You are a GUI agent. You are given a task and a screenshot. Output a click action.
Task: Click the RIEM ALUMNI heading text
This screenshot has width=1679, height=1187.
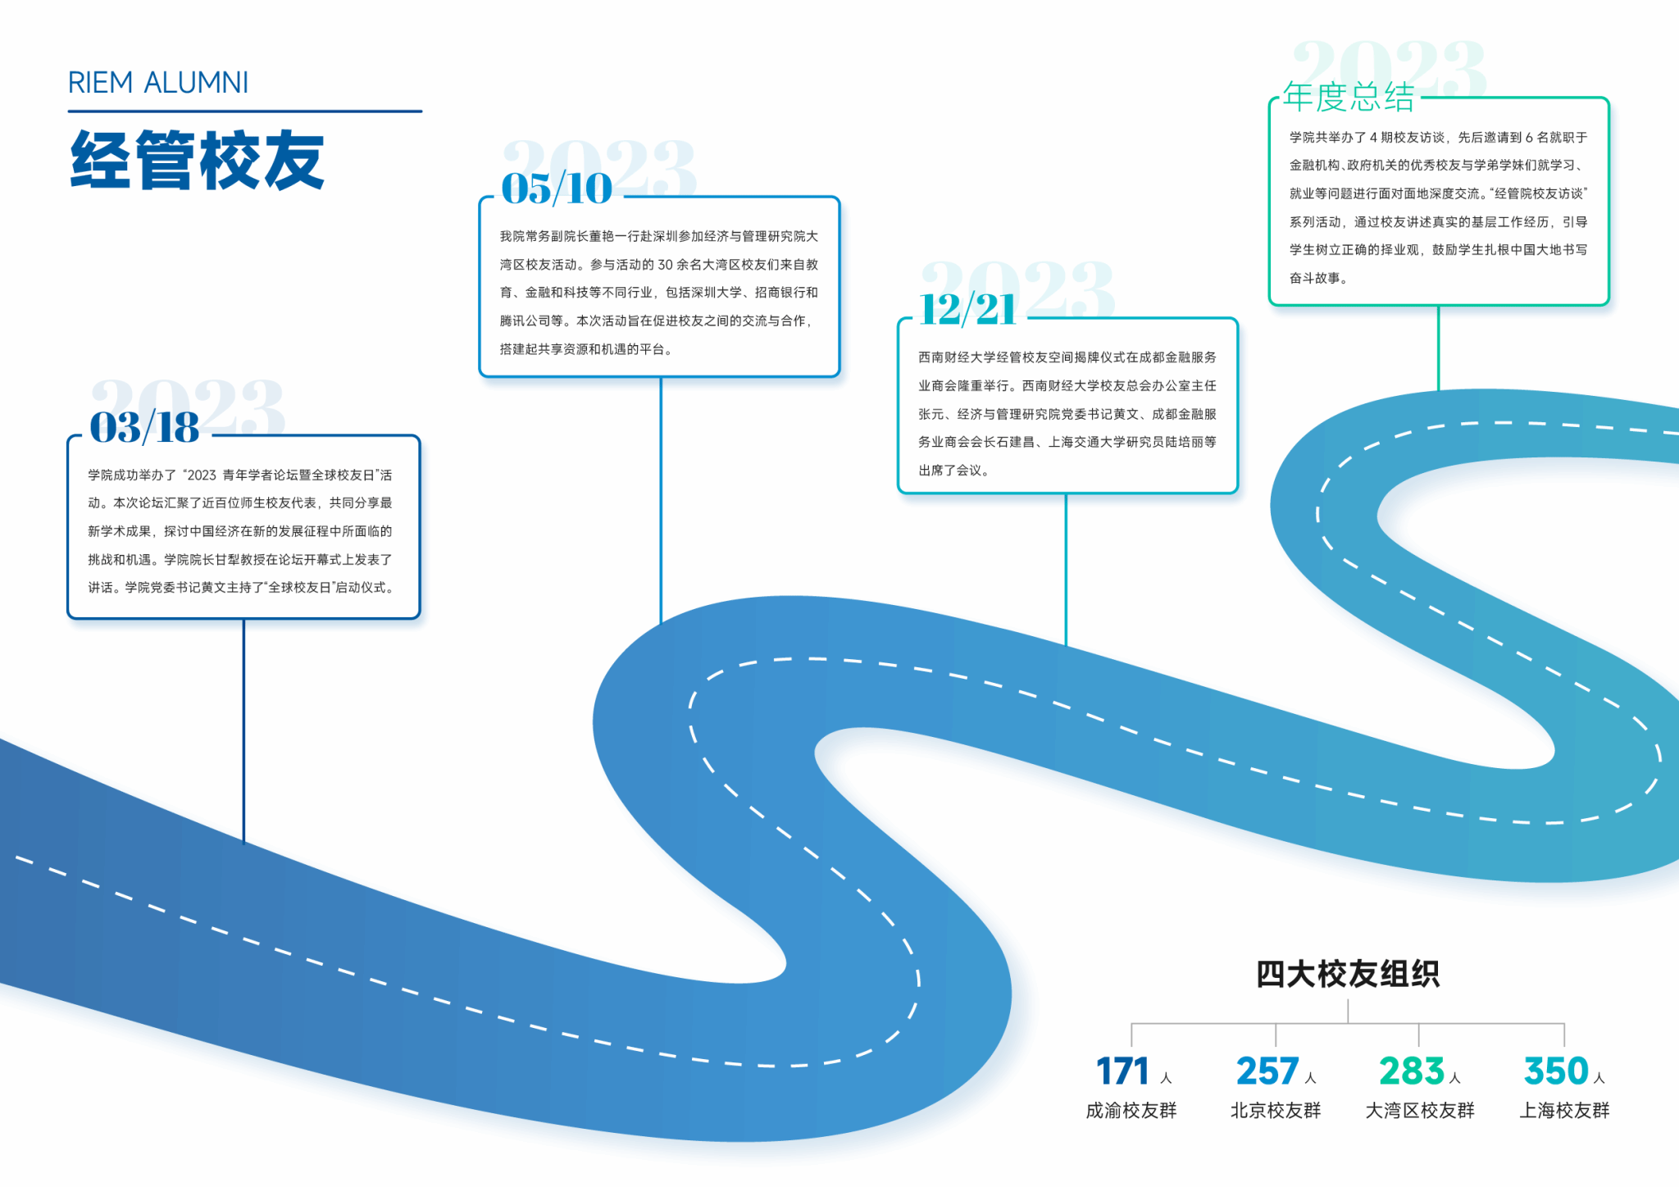(157, 83)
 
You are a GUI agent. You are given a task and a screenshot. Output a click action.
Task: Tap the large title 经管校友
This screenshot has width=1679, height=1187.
(198, 160)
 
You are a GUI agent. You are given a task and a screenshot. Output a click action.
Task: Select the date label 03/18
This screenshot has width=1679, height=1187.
(144, 428)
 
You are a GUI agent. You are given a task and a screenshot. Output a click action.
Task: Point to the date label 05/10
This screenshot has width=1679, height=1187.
(557, 189)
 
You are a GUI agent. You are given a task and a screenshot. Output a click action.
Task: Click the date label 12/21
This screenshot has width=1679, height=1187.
(967, 310)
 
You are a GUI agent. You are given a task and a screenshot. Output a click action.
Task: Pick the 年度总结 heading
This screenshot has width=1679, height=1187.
(1349, 98)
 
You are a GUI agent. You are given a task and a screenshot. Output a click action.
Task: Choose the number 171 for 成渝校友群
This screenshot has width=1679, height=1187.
(1122, 1071)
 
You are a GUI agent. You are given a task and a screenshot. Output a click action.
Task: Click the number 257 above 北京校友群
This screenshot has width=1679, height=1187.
(1267, 1071)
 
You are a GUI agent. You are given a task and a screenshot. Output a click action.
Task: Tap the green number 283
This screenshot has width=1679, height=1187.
(1411, 1071)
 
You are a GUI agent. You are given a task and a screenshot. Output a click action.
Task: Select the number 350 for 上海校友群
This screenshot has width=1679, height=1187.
(1556, 1071)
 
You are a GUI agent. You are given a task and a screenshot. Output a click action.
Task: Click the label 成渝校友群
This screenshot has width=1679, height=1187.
(1131, 1111)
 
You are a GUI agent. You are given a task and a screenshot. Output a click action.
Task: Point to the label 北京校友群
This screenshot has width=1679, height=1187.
(1276, 1111)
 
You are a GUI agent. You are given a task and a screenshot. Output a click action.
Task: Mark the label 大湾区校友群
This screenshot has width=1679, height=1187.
(1420, 1111)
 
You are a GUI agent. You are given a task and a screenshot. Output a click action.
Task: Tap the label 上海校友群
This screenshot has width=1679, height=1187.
(1565, 1111)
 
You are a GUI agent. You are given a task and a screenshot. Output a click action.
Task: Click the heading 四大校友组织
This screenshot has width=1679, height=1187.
(1348, 974)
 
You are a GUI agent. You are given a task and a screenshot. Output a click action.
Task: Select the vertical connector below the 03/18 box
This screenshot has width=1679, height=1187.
(243, 730)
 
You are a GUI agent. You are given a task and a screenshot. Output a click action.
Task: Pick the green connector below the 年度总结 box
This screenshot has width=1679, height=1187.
(1438, 348)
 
